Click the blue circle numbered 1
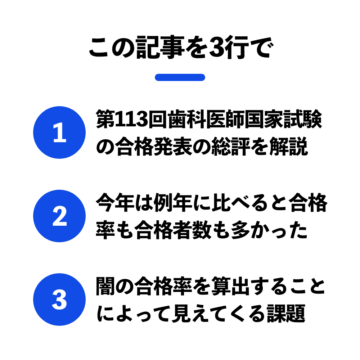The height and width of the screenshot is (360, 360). coord(59,132)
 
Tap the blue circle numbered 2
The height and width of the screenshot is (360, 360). coord(59,216)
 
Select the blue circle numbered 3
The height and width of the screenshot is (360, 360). coord(59,300)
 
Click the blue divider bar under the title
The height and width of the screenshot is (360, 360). coord(180,77)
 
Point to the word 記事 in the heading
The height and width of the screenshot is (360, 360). coord(160,48)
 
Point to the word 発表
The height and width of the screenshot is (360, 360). coord(173,146)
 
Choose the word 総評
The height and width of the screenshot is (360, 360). coord(230,146)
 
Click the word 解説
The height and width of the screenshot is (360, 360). coord(288,146)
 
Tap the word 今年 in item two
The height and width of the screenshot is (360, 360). coord(115,202)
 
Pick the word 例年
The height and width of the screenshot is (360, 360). coord(173,202)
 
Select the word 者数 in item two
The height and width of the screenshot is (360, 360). coord(192,230)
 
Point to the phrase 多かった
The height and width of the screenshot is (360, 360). coord(269,230)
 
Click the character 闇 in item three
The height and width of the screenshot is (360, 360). coord(105,286)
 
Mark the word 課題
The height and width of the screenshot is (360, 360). coord(286,314)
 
